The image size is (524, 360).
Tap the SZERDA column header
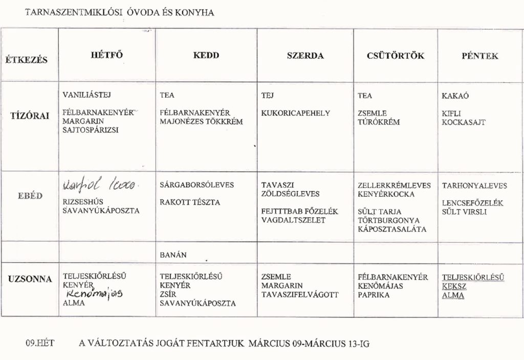(x=305, y=56)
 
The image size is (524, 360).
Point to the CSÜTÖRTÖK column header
(x=396, y=56)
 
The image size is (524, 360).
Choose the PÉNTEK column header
(x=480, y=56)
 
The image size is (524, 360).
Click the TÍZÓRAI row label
(x=30, y=116)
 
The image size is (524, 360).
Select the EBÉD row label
(x=30, y=195)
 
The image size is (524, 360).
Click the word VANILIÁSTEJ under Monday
(x=86, y=95)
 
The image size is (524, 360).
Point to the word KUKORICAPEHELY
(x=295, y=113)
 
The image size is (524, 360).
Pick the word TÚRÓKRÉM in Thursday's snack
(x=379, y=122)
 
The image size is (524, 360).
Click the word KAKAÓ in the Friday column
(x=455, y=96)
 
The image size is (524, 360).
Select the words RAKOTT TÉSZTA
(x=190, y=202)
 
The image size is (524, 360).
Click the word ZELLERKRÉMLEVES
(x=395, y=185)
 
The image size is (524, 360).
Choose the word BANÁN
(x=173, y=254)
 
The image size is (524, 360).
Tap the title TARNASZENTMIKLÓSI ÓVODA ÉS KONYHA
(x=119, y=13)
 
